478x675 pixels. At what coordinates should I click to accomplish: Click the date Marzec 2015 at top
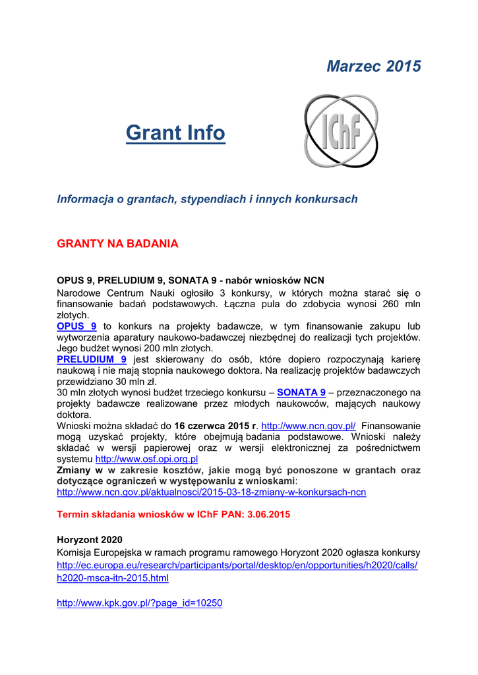tap(374, 67)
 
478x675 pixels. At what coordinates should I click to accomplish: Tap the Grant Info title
tap(175, 133)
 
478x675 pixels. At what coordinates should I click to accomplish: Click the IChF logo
tap(340, 131)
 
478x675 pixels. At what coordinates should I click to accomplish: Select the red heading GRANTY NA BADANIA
tap(118, 244)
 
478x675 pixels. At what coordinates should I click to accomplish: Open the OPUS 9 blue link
tap(76, 326)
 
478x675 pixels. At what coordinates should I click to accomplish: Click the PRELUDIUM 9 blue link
tap(92, 359)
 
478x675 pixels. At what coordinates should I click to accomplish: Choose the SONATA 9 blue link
tap(301, 392)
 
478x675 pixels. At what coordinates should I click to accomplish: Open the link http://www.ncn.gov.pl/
tap(309, 426)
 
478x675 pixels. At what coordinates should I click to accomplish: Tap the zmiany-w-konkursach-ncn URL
tap(212, 492)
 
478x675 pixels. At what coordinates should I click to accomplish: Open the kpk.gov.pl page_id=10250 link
tap(140, 602)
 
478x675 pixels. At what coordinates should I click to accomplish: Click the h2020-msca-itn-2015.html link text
tap(113, 578)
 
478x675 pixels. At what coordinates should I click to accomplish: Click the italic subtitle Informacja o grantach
tap(207, 199)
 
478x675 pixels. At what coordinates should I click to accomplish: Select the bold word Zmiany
tap(75, 471)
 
